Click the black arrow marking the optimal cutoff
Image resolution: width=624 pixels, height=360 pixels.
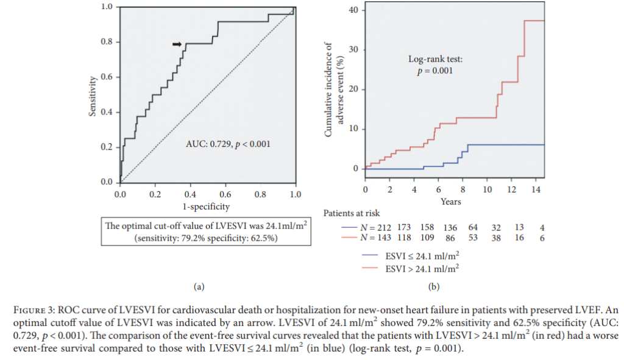coord(177,44)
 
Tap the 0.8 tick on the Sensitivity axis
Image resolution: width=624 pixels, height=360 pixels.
coord(107,42)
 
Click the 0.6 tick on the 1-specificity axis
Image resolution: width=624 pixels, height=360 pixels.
coord(225,194)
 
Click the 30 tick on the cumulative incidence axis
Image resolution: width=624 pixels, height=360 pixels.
coord(352,50)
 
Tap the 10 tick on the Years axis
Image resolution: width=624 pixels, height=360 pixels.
coord(487,190)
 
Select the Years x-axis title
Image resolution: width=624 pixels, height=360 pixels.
coord(451,202)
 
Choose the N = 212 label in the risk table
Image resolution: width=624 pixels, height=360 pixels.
coord(378,227)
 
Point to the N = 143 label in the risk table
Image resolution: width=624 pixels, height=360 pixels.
coord(378,238)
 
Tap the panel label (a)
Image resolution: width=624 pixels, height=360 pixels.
coord(198,285)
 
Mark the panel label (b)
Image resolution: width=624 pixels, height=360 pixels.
coord(434,286)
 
